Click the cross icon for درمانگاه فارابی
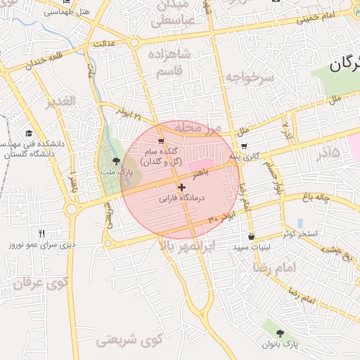pos(182,188)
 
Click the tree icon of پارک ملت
pos(116,162)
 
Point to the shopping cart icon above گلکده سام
pos(161,141)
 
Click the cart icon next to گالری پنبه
pos(243,147)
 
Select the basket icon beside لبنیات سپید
pos(252,237)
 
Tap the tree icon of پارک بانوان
pos(281,333)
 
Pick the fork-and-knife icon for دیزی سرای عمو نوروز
pos(41,233)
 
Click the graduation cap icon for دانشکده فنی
pos(29,133)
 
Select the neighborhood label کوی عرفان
pos(38,283)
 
